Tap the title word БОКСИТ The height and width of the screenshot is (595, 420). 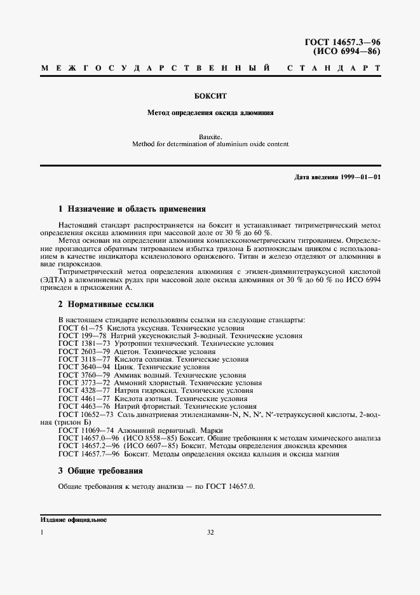pyautogui.click(x=210, y=97)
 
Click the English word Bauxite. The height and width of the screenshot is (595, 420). pyautogui.click(x=210, y=136)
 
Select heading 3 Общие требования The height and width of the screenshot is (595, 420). pyautogui.click(x=100, y=471)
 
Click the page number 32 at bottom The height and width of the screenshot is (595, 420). pyautogui.click(x=210, y=533)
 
